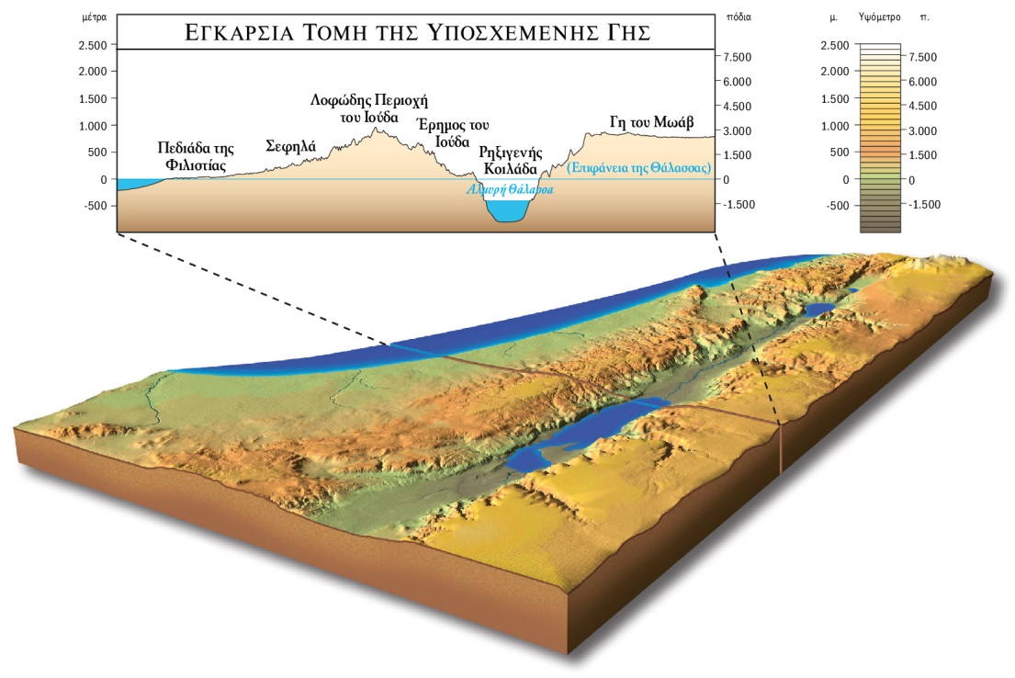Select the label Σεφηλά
click(x=290, y=145)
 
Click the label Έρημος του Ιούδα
click(x=452, y=133)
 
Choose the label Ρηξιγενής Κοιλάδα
click(x=512, y=160)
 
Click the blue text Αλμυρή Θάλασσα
click(x=511, y=189)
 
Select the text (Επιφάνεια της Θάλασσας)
click(x=639, y=168)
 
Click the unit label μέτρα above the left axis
click(x=95, y=17)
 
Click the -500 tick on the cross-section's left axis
click(x=95, y=206)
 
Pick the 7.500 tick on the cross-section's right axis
click(x=739, y=57)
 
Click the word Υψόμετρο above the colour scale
click(x=875, y=17)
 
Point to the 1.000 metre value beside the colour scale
click(x=834, y=126)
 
